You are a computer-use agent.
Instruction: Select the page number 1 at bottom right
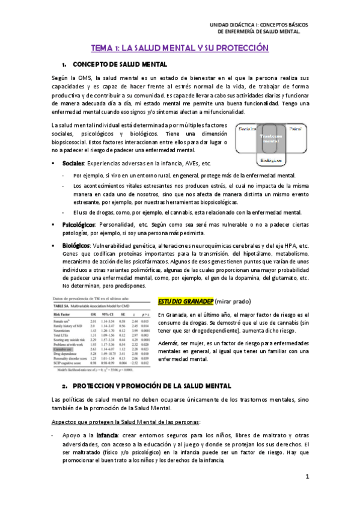(x=307, y=478)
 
